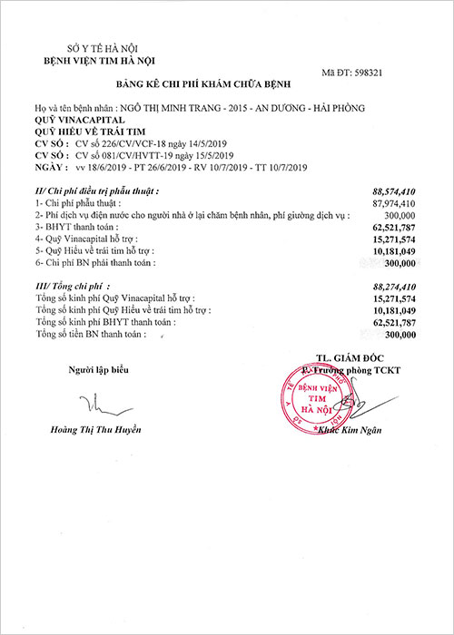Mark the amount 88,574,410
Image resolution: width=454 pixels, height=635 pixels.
click(393, 192)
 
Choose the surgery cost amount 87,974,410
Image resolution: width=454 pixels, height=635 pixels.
click(393, 203)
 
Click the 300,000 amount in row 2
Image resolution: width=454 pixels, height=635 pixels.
click(400, 215)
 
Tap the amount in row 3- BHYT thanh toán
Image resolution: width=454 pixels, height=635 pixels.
click(393, 227)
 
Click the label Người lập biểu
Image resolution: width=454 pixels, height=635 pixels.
click(94, 369)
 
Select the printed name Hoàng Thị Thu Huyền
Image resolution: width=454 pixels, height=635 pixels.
click(95, 429)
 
